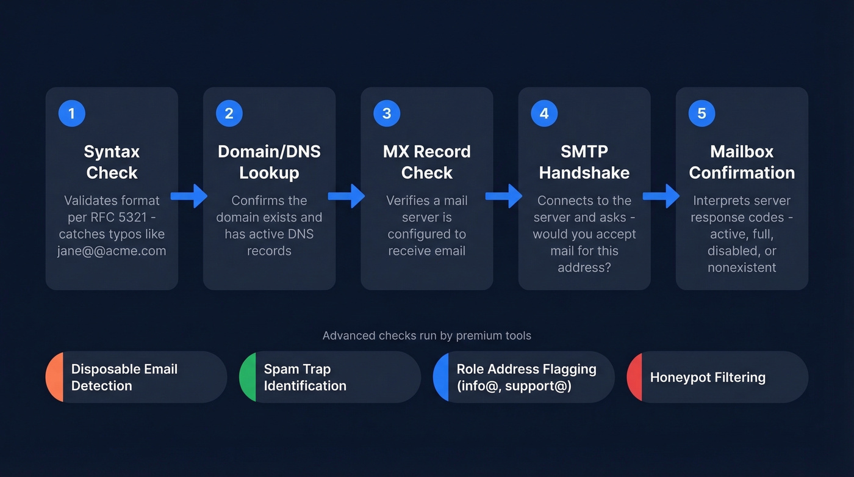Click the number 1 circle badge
[71, 114]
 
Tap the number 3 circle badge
[387, 114]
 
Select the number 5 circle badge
[701, 114]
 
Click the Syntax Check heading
[112, 162]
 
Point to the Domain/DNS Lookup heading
[269, 162]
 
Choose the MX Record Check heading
[426, 162]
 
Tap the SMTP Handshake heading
[584, 162]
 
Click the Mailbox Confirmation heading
[742, 162]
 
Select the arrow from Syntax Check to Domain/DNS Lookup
[189, 196]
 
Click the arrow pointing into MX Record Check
[346, 196]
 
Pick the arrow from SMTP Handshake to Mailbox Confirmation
[662, 196]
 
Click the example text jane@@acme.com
[112, 251]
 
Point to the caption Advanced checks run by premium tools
[426, 335]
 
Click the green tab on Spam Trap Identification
[248, 377]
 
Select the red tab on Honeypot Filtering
[635, 377]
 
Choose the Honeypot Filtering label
[708, 377]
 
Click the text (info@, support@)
[514, 386]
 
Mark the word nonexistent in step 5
[742, 268]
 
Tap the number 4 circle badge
[544, 114]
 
